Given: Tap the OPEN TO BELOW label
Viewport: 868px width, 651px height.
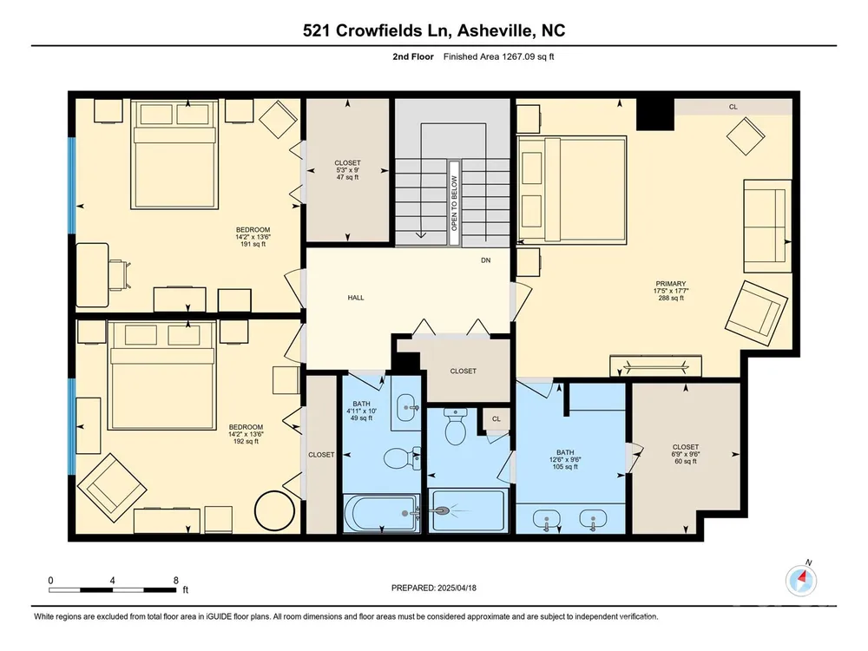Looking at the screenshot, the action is point(455,203).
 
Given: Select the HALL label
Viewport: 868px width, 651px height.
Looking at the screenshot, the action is point(356,298).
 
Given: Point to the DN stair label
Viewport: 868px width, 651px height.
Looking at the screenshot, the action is point(485,260).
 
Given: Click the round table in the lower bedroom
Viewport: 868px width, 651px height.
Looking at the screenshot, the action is point(274,511).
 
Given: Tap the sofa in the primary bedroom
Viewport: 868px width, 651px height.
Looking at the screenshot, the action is point(767,226).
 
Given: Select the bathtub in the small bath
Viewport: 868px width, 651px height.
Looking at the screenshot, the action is point(382,514).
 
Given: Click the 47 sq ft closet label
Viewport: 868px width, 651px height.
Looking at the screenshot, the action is point(348,170).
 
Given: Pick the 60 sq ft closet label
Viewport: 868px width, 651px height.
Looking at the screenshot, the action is point(686,454).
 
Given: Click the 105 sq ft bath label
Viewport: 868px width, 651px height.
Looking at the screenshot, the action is point(565,459).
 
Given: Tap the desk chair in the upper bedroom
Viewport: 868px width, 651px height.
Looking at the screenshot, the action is point(121,275).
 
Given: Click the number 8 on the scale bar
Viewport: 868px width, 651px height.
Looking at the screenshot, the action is point(176,581).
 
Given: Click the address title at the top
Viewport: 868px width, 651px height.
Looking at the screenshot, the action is point(434,30).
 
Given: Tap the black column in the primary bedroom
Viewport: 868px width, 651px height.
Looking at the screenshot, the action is point(654,115).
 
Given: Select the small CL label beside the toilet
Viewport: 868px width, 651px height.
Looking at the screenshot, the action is point(496,419).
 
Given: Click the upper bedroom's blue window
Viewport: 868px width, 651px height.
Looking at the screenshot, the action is point(71,185).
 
